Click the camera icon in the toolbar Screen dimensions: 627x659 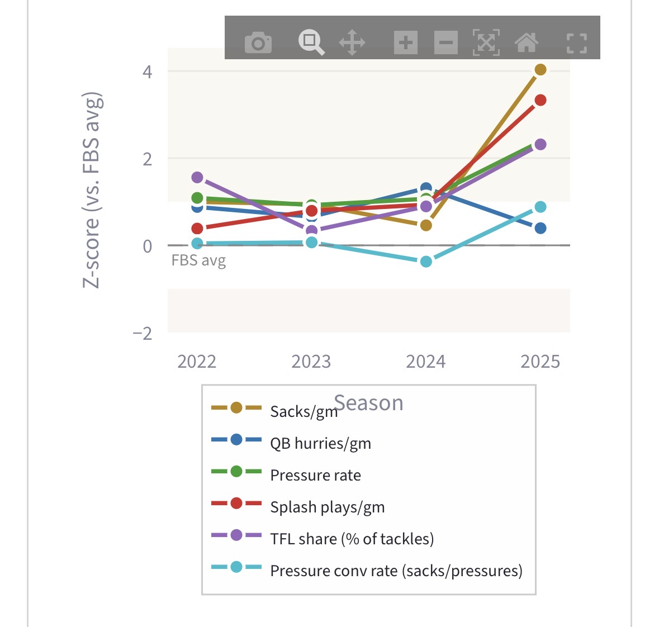click(x=258, y=42)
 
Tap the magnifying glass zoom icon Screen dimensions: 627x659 click(x=311, y=42)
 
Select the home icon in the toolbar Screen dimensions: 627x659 click(x=527, y=42)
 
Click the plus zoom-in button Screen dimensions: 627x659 click(x=406, y=42)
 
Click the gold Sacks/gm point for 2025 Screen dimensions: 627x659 click(x=541, y=70)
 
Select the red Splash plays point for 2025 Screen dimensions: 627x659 click(x=541, y=100)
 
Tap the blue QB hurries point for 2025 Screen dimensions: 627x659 click(x=541, y=228)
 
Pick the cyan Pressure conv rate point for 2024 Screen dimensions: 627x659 click(x=426, y=262)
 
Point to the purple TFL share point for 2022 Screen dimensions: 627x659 click(x=197, y=177)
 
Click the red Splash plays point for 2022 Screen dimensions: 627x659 click(x=197, y=229)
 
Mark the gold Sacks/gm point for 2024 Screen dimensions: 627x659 click(x=426, y=225)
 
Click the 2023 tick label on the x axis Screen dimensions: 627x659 click(x=311, y=362)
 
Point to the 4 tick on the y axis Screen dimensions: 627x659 click(x=148, y=72)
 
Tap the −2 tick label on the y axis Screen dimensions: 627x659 click(x=143, y=333)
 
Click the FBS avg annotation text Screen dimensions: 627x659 click(x=198, y=260)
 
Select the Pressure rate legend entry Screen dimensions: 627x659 click(x=315, y=475)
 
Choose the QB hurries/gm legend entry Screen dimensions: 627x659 click(x=320, y=443)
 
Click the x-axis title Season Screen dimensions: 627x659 click(x=369, y=403)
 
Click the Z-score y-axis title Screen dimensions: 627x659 click(x=92, y=190)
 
